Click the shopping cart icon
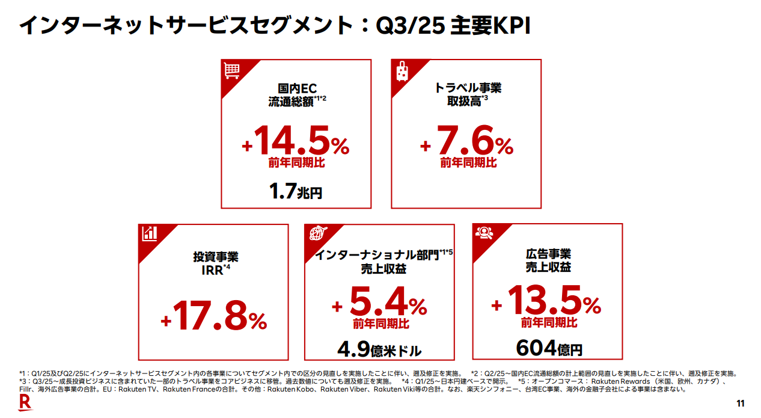231,70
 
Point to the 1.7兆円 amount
296,192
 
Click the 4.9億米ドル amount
379,349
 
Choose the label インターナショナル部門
377,255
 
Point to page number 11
741,404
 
